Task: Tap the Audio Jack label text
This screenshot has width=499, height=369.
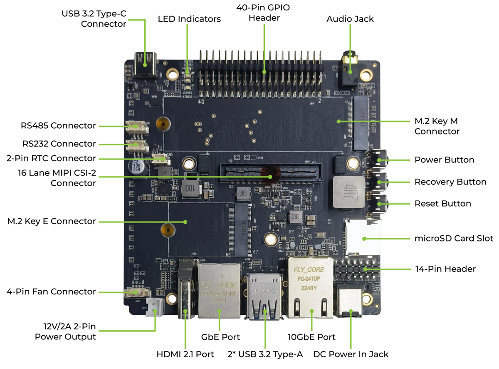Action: coord(350,19)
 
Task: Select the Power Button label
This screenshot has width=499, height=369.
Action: coord(444,160)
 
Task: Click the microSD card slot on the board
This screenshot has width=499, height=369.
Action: coord(363,238)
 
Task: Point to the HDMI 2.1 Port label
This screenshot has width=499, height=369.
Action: coord(185,354)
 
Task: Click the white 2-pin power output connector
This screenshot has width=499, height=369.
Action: coord(154,309)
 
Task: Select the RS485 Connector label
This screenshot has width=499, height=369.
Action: coord(58,126)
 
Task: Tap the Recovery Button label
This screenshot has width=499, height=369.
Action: coord(450,182)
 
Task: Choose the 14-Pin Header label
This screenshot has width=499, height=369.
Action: coord(445,269)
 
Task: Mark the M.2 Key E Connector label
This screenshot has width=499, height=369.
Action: coord(52,221)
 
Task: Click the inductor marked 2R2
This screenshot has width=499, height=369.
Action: coord(294,217)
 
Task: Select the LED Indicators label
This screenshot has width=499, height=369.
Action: coord(189,19)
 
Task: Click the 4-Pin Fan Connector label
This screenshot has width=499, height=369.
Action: coord(51,292)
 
